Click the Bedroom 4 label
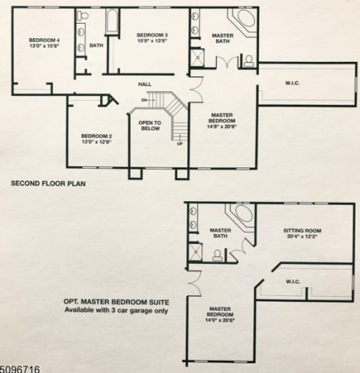pos(45,40)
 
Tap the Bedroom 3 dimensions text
pos(152,41)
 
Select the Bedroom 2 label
pos(96,136)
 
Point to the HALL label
pos(145,84)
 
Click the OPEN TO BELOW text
pos(149,126)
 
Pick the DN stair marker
pos(144,100)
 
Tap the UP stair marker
pos(179,144)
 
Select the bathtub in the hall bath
pos(112,21)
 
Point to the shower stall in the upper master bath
pos(197,58)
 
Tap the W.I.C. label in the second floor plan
pos(292,83)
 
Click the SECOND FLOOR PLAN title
pos(49,184)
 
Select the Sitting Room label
pos(302,230)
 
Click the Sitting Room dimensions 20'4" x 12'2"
pos(302,236)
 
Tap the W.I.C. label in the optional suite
pos(293,282)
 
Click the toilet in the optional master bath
pos(217,255)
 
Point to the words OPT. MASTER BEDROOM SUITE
pos(117,302)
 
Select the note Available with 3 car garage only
pos(117,310)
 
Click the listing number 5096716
pos(19,369)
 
